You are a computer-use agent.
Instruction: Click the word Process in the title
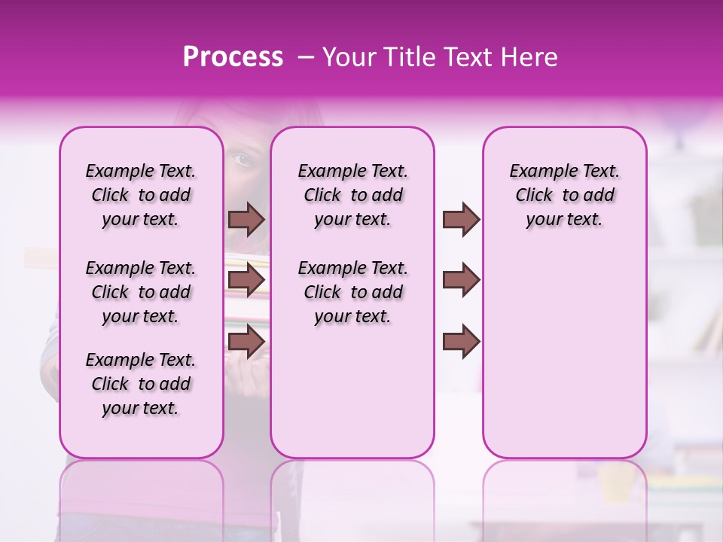click(x=233, y=57)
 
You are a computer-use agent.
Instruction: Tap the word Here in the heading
click(x=527, y=57)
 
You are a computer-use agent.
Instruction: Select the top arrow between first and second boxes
click(x=246, y=219)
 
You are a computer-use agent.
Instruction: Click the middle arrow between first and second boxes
click(x=246, y=280)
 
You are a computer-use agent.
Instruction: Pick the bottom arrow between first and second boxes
click(x=246, y=341)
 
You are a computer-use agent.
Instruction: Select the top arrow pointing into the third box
click(x=461, y=219)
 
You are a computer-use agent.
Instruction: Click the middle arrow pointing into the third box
click(x=461, y=280)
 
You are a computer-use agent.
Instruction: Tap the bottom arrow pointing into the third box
click(x=461, y=341)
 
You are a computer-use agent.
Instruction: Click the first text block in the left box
click(x=141, y=195)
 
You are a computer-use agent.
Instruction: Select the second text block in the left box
click(x=141, y=292)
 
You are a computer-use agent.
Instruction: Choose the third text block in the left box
click(x=141, y=384)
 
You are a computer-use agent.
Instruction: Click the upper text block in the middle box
click(x=352, y=195)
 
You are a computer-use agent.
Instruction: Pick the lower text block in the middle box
click(x=352, y=292)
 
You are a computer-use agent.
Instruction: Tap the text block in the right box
click(x=564, y=195)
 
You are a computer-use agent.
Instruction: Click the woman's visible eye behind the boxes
click(x=241, y=160)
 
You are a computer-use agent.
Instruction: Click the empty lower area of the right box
click(x=564, y=354)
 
